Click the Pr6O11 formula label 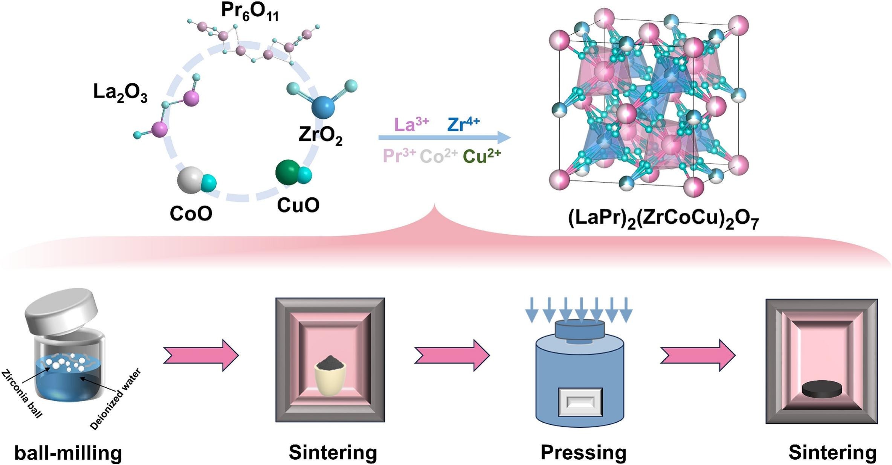[x=250, y=12]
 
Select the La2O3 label [x=120, y=93]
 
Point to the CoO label [x=191, y=213]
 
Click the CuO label [x=298, y=205]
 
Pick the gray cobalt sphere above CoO [x=190, y=180]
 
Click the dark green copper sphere [x=288, y=172]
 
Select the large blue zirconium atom [x=323, y=107]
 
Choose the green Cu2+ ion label [x=482, y=156]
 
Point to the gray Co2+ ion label [x=438, y=156]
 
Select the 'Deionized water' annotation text [x=115, y=399]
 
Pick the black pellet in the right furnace [x=822, y=389]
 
